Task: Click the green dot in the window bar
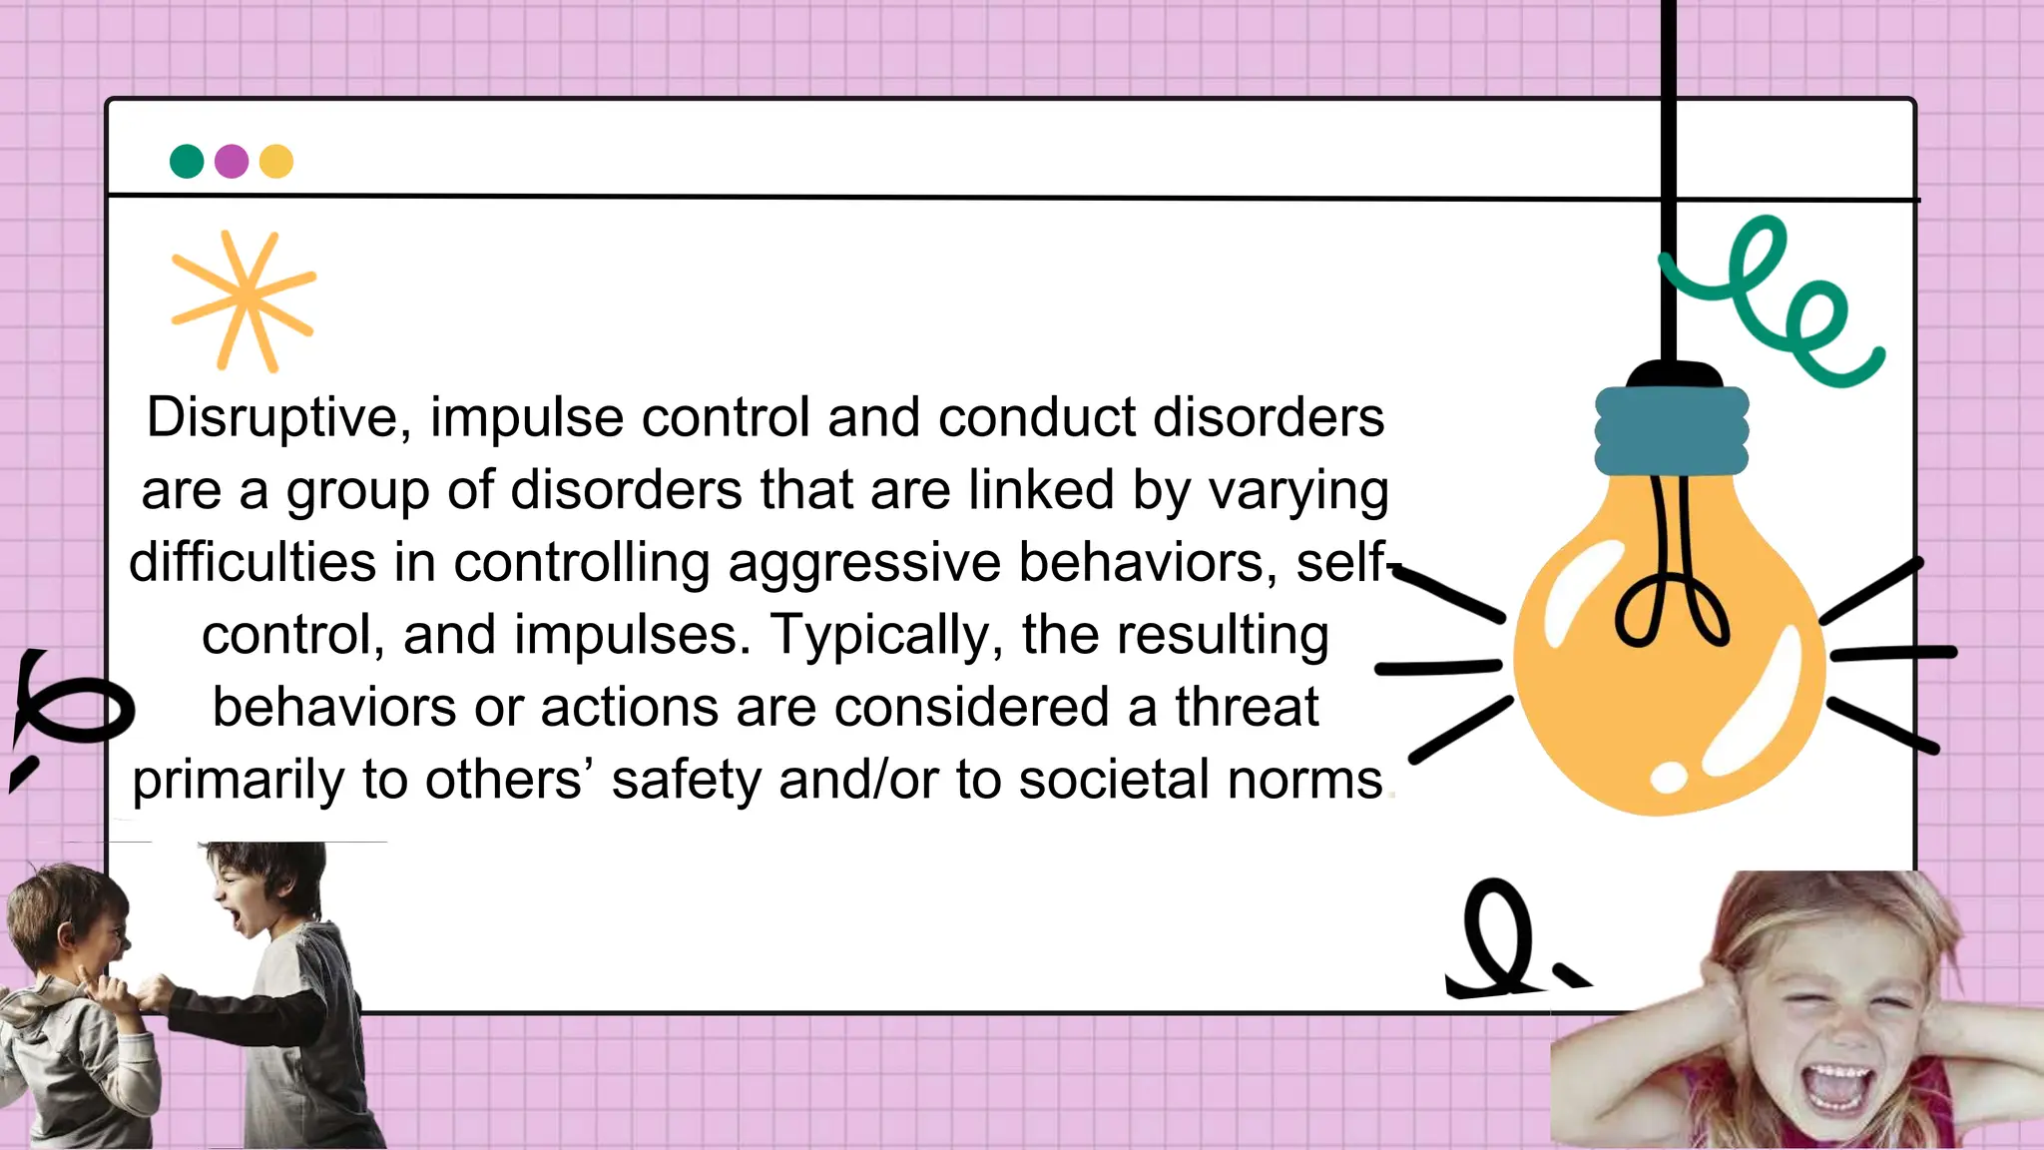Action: click(187, 161)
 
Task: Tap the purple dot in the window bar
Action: click(232, 161)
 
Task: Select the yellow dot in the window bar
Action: click(276, 161)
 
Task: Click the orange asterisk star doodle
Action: click(245, 298)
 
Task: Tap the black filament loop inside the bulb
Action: click(1672, 599)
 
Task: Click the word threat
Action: click(1247, 707)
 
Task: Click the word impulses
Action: click(633, 635)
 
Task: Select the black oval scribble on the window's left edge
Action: click(75, 709)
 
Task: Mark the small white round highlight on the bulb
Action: click(1668, 778)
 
